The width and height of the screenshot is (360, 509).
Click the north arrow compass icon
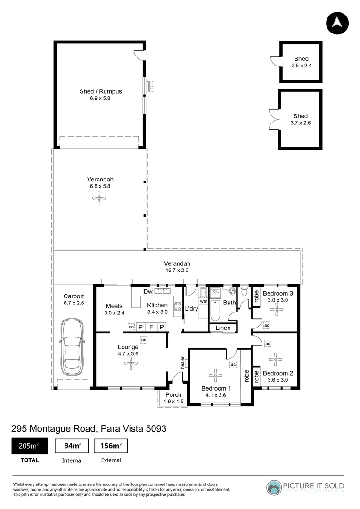click(337, 22)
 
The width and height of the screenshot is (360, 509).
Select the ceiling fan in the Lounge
click(129, 362)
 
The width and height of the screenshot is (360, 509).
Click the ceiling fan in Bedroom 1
click(215, 376)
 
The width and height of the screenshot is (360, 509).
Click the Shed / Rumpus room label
click(100, 91)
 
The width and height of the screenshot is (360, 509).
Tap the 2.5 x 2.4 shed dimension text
click(302, 66)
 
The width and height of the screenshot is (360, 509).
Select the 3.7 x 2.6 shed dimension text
click(300, 123)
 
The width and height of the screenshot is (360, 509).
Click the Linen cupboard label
click(223, 328)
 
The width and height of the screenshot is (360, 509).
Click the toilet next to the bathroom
click(244, 293)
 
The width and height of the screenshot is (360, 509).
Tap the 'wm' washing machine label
click(204, 301)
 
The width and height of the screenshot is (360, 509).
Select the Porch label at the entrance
click(173, 395)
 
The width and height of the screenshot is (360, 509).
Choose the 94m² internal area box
click(72, 446)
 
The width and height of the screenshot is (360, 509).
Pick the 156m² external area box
click(111, 446)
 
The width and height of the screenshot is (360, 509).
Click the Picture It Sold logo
click(305, 486)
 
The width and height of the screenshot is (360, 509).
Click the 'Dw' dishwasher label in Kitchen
click(148, 291)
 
